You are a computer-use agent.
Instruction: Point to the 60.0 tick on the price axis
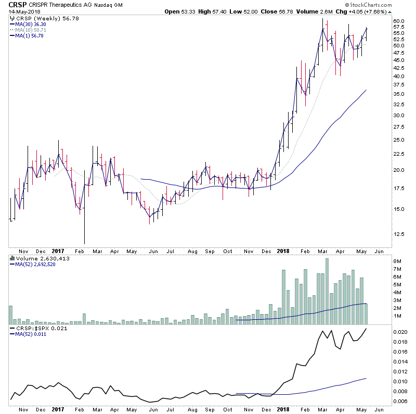click(399, 21)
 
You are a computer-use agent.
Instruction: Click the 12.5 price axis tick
click(399, 234)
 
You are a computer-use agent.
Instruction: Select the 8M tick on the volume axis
click(397, 261)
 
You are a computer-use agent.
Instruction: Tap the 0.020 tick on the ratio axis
click(400, 332)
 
